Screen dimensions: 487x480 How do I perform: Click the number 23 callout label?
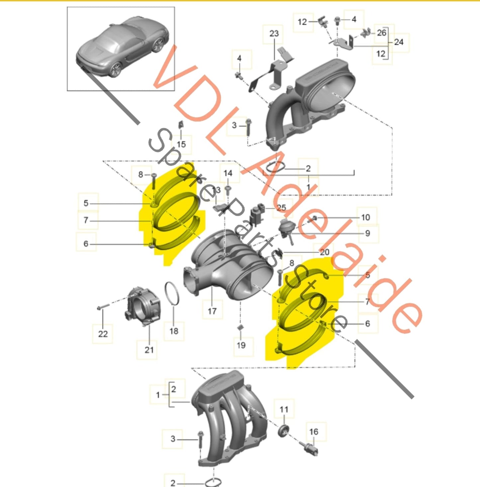click(274, 34)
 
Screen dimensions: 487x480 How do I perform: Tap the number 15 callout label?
click(181, 144)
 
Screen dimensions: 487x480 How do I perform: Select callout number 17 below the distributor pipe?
click(212, 311)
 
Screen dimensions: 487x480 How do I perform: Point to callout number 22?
click(103, 334)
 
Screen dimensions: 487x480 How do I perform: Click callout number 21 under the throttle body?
click(149, 349)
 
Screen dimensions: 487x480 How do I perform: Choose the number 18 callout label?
click(174, 331)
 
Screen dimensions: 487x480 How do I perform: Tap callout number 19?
click(241, 345)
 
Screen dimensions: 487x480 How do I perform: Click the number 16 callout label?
click(314, 432)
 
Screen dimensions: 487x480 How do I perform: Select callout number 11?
click(284, 409)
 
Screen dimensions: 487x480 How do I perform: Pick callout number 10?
click(365, 217)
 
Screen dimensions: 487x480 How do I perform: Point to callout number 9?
click(367, 233)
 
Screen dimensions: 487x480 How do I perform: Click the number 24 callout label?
click(399, 42)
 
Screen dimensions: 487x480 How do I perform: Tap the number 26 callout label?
click(382, 33)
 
